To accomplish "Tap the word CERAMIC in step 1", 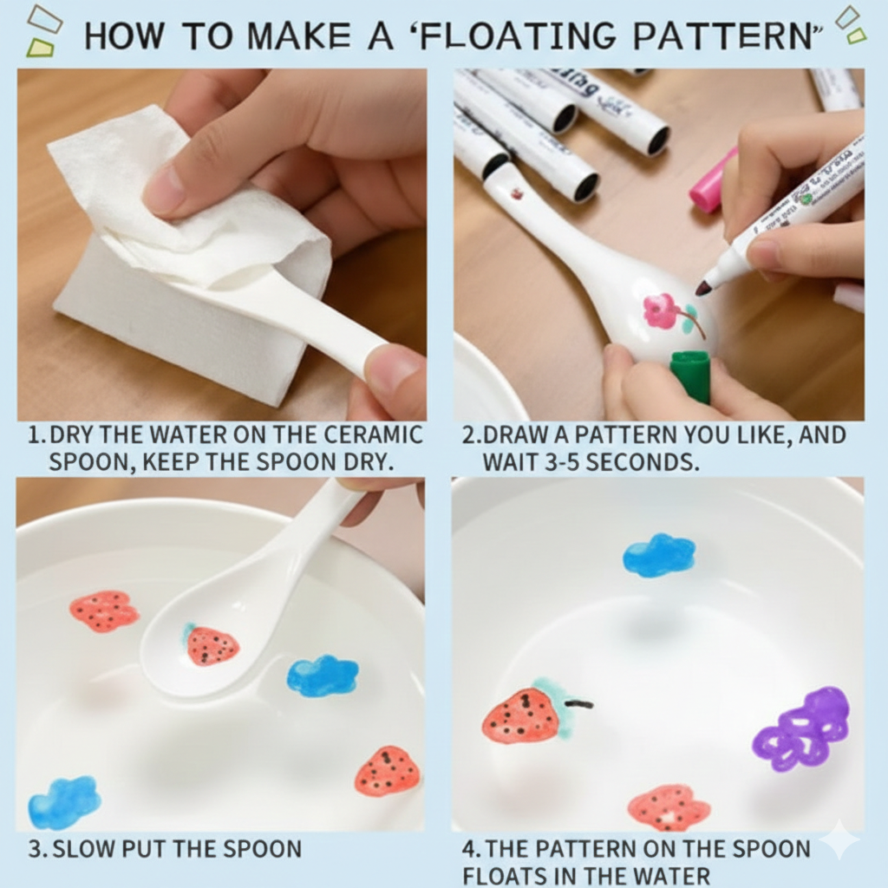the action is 374,435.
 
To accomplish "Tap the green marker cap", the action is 689,376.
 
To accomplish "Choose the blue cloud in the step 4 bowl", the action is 659,554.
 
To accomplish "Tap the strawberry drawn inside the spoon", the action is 211,645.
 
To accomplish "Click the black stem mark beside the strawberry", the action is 579,704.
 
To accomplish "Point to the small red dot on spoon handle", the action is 517,194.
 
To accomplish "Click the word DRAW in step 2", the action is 515,435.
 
